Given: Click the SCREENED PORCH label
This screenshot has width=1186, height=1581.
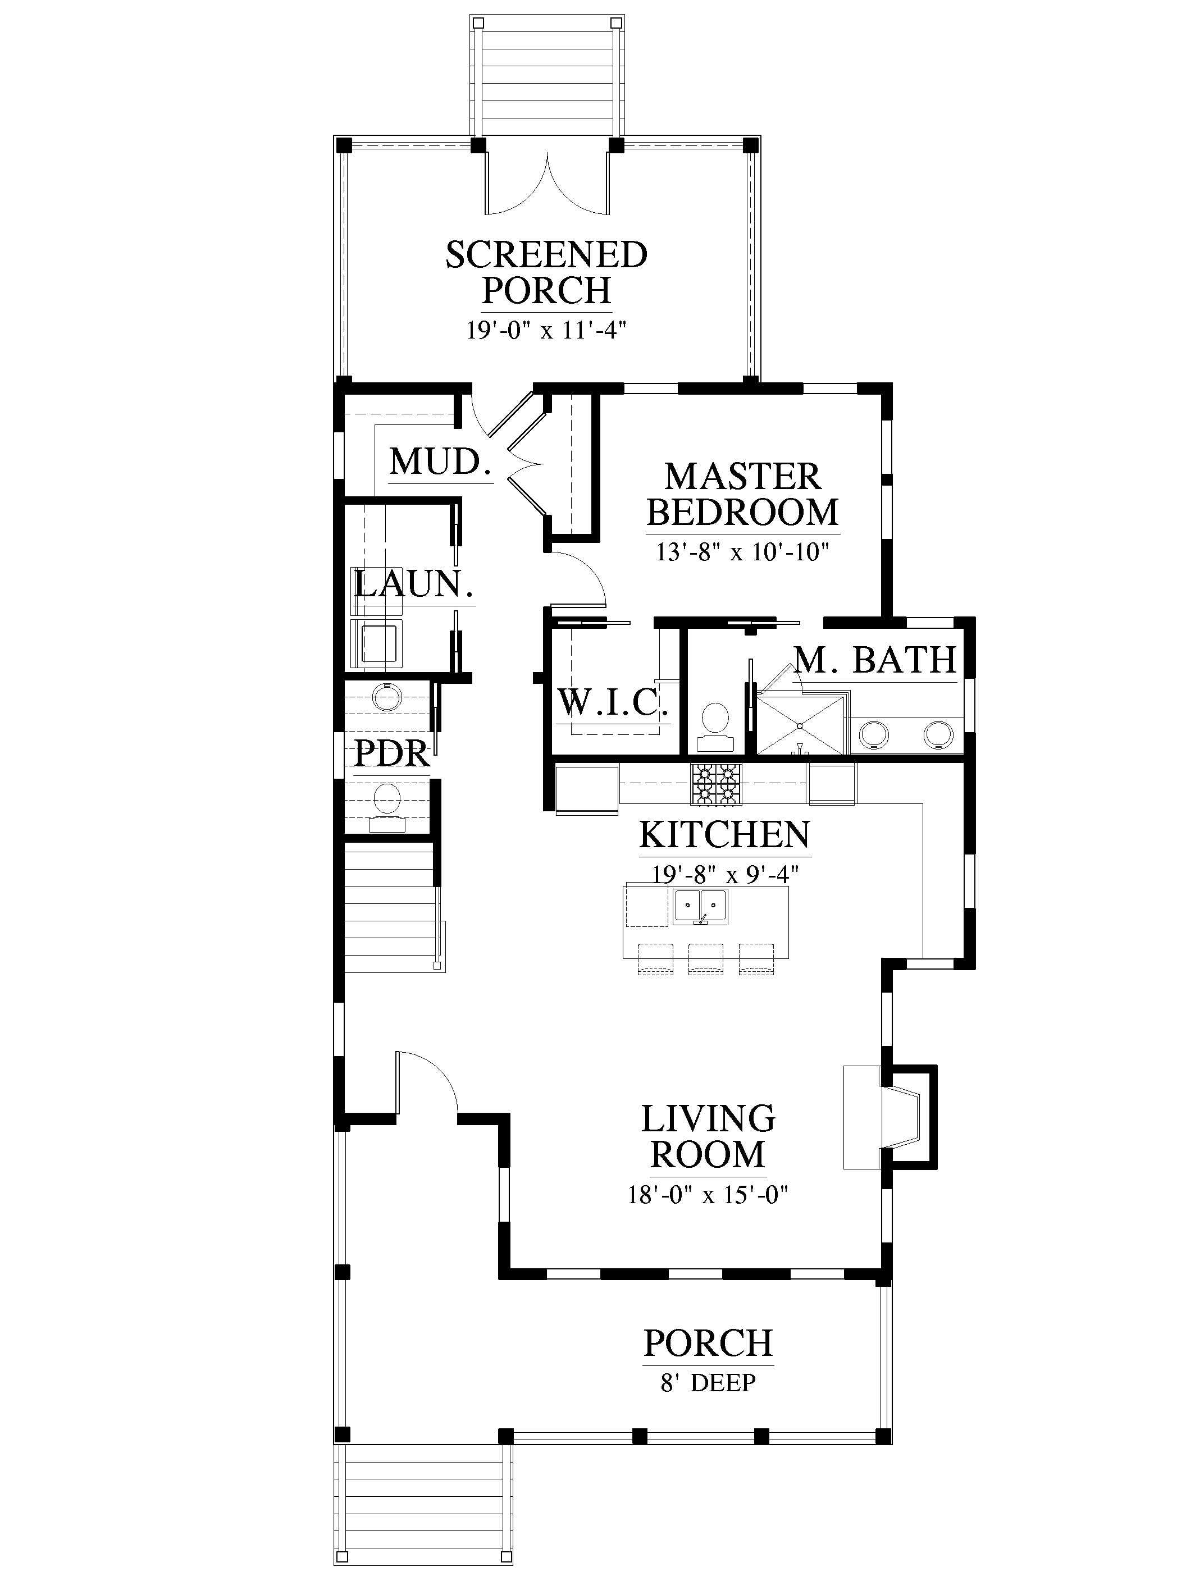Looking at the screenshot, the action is tap(546, 272).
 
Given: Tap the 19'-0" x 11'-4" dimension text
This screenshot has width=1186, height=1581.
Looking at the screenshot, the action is tap(547, 330).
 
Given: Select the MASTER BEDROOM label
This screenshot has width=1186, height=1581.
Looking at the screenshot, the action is tap(743, 494).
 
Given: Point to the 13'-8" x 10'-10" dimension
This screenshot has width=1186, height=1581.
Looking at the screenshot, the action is tap(743, 552).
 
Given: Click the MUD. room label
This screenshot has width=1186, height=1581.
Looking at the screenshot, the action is tap(441, 461).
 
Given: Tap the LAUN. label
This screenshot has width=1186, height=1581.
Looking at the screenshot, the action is tap(414, 584).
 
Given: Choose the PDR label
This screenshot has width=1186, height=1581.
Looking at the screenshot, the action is tap(393, 753).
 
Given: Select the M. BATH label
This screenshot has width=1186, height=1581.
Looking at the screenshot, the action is tap(875, 659).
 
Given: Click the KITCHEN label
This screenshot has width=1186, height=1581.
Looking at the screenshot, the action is tap(725, 834).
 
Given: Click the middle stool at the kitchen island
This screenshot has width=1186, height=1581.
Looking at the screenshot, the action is tap(706, 958).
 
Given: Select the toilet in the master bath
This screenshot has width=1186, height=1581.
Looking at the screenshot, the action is tap(715, 725).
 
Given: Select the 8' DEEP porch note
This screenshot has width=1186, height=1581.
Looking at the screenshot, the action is tap(708, 1382).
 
